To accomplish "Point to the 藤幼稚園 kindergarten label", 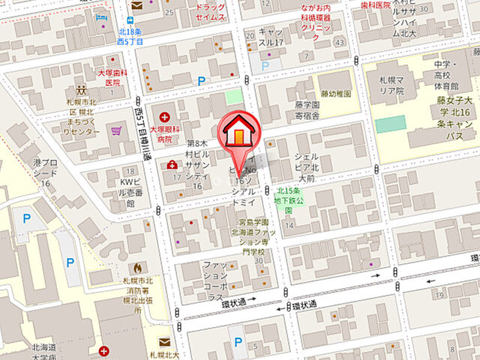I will point(336,93).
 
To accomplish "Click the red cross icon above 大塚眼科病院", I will point(164,116).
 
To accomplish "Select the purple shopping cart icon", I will point(115,131).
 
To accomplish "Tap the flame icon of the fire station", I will point(137,268).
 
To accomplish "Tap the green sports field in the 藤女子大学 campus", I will point(390,124).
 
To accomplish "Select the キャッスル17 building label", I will point(273,37).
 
